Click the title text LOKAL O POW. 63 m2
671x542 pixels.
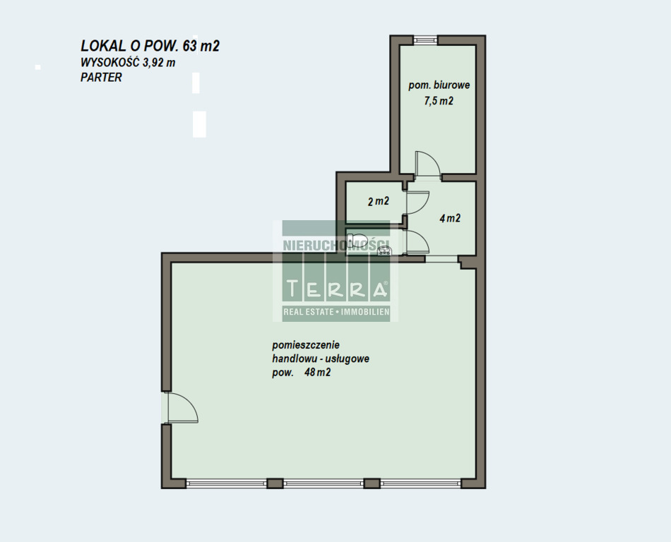pyautogui.click(x=150, y=46)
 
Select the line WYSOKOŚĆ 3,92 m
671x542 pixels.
pyautogui.click(x=128, y=62)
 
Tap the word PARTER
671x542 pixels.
pyautogui.click(x=101, y=78)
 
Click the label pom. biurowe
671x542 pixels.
pyautogui.click(x=439, y=85)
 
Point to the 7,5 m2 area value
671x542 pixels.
pyautogui.click(x=439, y=101)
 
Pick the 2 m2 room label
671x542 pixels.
pyautogui.click(x=379, y=201)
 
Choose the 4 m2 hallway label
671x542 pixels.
pyautogui.click(x=450, y=219)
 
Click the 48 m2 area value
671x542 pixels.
pyautogui.click(x=317, y=373)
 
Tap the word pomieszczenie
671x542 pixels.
pyautogui.click(x=306, y=345)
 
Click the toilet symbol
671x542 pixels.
pyautogui.click(x=357, y=240)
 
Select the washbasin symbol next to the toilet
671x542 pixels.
pyautogui.click(x=384, y=251)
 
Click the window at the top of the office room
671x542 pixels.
pyautogui.click(x=425, y=40)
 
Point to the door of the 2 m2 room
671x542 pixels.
pyautogui.click(x=417, y=202)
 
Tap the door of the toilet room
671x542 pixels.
pyautogui.click(x=417, y=242)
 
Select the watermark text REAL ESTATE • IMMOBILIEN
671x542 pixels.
pyautogui.click(x=336, y=312)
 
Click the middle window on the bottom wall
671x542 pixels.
pyautogui.click(x=323, y=483)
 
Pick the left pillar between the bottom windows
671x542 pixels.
pyautogui.click(x=275, y=483)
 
